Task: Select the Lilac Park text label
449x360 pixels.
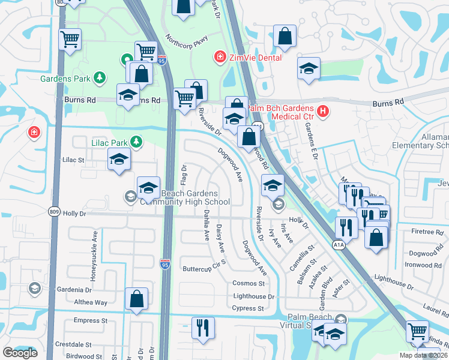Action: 111,142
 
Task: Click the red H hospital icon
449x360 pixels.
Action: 323,110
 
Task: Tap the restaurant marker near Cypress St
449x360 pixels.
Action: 202,328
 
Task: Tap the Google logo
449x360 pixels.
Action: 20,353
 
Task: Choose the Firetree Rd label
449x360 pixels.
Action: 427,231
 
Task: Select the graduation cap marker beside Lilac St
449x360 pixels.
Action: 119,160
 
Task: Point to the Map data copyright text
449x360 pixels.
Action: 425,355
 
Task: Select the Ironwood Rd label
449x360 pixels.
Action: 423,265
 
